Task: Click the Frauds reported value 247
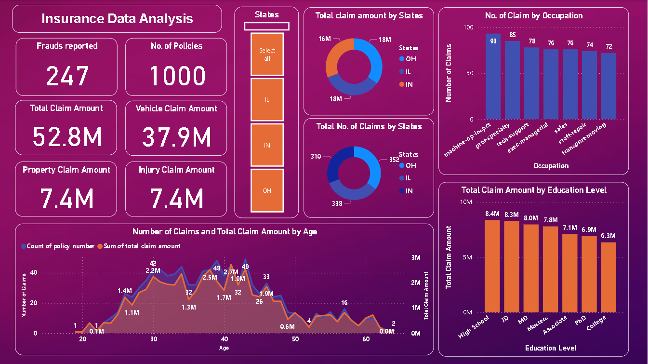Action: coord(67,76)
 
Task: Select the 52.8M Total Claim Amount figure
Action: coord(67,137)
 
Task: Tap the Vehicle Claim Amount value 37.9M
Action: coord(176,137)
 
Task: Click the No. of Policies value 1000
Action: coord(177,76)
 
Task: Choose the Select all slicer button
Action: coord(267,54)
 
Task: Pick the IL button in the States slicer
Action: coord(267,99)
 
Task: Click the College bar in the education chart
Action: coord(608,277)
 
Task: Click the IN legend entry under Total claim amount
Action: coord(409,84)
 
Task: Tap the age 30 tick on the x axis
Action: coord(153,339)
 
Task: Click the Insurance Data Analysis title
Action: coord(117,19)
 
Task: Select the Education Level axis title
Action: coord(551,348)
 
